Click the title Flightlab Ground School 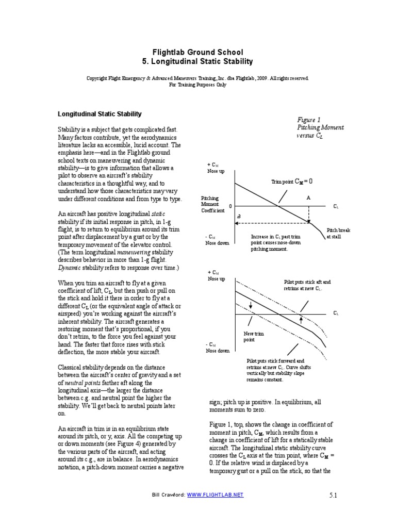pyautogui.click(x=197, y=52)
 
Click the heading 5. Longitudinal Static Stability pyautogui.click(x=197, y=61)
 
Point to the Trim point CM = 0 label pyautogui.click(x=291, y=181)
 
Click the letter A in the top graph pyautogui.click(x=308, y=197)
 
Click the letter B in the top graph pyautogui.click(x=239, y=217)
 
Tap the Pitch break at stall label pyautogui.click(x=338, y=233)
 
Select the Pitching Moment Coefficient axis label pyautogui.click(x=212, y=205)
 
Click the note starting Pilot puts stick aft pyautogui.click(x=307, y=285)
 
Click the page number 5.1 pyautogui.click(x=332, y=495)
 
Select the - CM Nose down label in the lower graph pyautogui.click(x=217, y=347)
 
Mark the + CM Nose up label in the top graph pyautogui.click(x=216, y=167)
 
